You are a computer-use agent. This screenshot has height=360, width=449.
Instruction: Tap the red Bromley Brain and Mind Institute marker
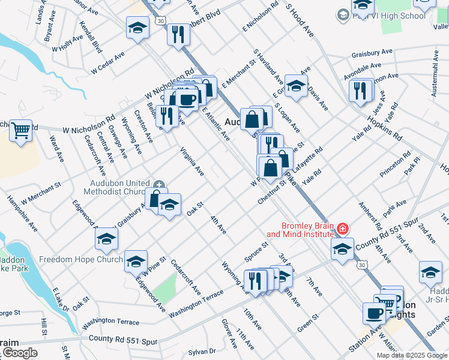point(343,229)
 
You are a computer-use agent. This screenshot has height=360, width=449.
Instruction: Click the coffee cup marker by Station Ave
point(375,313)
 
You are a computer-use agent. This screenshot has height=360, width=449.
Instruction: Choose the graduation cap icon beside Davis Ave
point(296,86)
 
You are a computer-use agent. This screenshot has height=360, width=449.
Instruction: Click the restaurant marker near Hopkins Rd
point(361,90)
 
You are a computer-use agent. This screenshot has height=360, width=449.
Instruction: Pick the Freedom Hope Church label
point(81,260)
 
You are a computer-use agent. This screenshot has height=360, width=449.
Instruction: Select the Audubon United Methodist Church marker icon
point(159,184)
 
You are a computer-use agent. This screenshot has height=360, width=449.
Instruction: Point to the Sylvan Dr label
point(202,351)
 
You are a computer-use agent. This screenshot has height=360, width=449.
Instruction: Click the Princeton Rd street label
point(399,163)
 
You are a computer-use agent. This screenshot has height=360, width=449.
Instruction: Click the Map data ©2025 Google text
point(412,355)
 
